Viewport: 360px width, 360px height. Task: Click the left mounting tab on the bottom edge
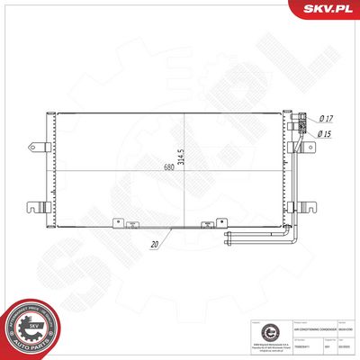pos(116,225)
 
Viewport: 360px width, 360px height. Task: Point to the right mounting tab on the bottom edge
pos(204,225)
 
